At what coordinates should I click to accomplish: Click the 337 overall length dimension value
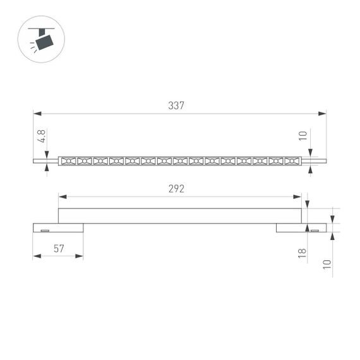click(176, 105)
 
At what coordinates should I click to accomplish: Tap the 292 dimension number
click(176, 189)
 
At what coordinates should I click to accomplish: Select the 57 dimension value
click(58, 248)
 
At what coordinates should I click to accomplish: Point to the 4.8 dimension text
click(42, 136)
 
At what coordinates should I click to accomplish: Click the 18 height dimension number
click(303, 253)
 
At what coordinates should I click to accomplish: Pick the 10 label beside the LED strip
click(303, 136)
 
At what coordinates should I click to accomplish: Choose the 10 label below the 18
click(327, 264)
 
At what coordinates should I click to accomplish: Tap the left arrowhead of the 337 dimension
click(37, 114)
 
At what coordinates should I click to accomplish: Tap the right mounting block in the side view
click(301, 227)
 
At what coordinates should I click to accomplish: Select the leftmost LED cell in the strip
click(68, 161)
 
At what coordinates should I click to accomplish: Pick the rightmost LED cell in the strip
click(291, 161)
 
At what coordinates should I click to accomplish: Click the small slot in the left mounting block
click(45, 231)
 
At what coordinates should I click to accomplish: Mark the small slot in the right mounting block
click(314, 231)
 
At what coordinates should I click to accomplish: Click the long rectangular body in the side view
click(180, 215)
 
